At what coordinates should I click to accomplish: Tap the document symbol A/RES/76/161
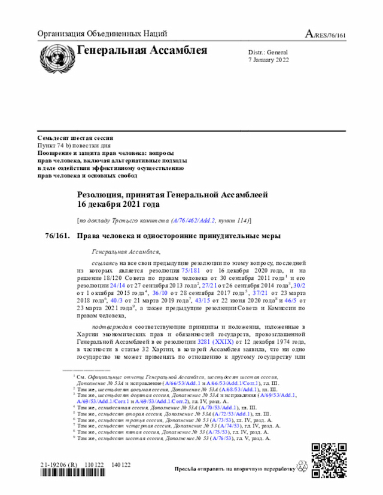(326, 34)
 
